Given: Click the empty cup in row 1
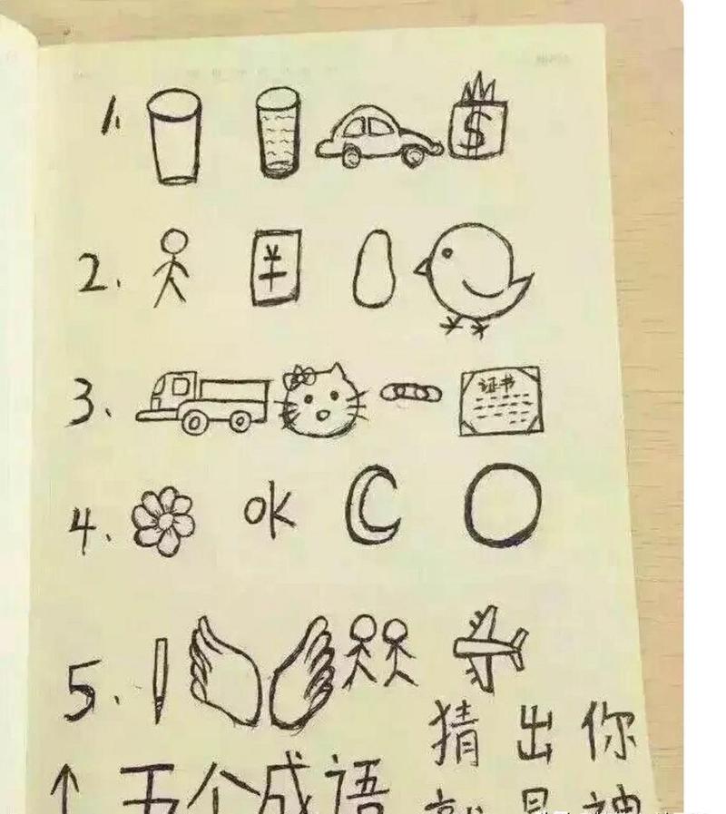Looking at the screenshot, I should pos(174,136).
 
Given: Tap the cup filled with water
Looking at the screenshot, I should pos(278,132).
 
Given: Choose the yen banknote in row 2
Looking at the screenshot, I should pos(276,269).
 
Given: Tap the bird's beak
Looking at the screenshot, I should pos(423,268).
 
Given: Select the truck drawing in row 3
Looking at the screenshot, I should pos(204,402).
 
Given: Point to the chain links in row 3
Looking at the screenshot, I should pos(409,393).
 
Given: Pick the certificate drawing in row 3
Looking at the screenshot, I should pos(500,400).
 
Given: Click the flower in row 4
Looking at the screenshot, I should pos(163,521).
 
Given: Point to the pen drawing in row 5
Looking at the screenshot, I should pos(160,677).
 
